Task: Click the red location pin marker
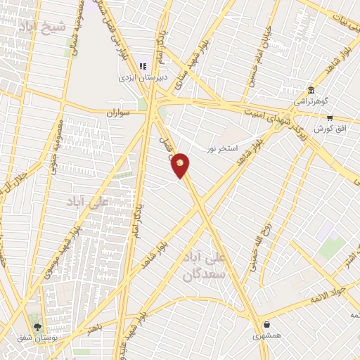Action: point(181,165)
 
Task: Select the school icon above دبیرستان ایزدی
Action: point(143,66)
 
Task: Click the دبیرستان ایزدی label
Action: point(142,78)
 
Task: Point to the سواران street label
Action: point(120,112)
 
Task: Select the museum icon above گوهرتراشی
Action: point(311,89)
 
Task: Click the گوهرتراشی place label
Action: point(309,101)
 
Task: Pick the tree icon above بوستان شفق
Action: point(37,327)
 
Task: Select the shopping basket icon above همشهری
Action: point(267,324)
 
